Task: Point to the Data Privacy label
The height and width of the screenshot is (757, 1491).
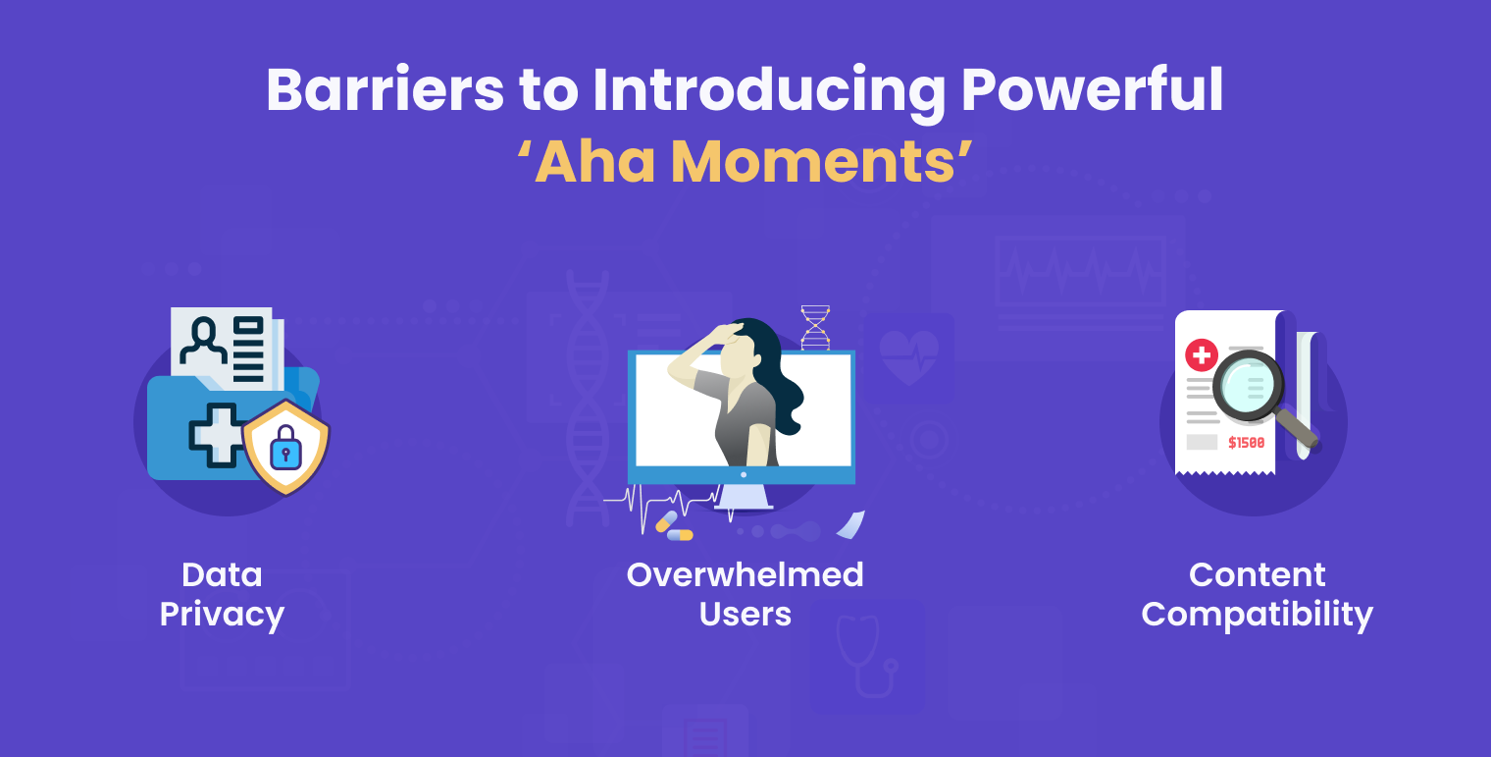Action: (x=222, y=594)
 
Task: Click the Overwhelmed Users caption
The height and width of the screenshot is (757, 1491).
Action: (x=745, y=594)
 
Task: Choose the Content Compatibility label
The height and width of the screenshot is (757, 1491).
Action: (x=1257, y=594)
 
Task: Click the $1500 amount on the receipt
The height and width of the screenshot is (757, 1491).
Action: (x=1246, y=443)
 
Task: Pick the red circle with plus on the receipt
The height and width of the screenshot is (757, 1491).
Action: (x=1201, y=355)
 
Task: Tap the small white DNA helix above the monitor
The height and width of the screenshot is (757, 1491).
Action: (x=815, y=327)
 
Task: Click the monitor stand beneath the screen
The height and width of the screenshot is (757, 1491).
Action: (x=743, y=498)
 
